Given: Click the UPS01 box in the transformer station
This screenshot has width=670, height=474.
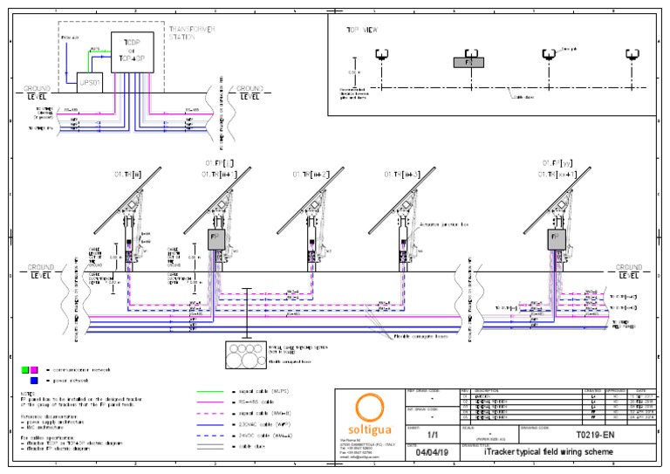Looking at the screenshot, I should (x=91, y=83).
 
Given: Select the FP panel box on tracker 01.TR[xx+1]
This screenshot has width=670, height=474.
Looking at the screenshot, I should (x=552, y=238).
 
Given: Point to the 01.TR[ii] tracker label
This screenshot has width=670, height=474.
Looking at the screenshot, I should (x=128, y=175).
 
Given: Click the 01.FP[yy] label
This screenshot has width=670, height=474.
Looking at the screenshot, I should (x=556, y=163).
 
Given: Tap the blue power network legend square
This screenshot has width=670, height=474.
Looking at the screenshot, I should (x=33, y=381).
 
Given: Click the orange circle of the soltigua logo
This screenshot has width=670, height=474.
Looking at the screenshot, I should (x=370, y=408).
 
